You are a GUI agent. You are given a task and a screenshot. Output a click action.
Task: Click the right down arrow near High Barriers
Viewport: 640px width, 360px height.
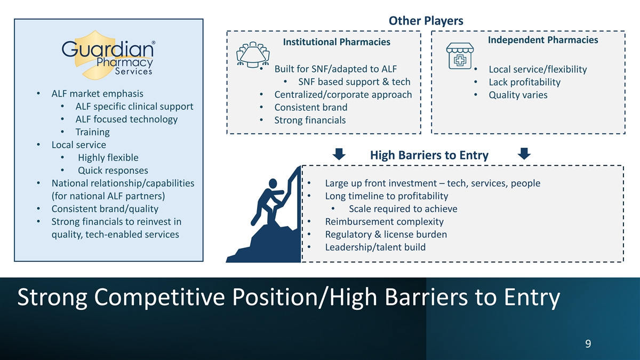[524, 154]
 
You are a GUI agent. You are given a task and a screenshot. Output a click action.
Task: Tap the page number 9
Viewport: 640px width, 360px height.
[588, 343]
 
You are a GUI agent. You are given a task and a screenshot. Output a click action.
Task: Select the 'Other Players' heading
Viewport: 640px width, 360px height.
[426, 21]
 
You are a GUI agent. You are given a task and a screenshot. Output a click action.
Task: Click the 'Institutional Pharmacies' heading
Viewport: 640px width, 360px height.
[336, 42]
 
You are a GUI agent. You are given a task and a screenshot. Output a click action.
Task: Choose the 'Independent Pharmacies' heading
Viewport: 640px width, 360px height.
[543, 40]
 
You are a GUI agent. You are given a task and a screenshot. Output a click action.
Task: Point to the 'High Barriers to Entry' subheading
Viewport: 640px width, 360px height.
[429, 155]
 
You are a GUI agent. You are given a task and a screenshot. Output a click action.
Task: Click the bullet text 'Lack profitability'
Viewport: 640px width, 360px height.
[524, 82]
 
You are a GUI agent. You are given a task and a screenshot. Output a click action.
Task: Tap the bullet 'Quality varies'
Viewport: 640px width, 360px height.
[518, 95]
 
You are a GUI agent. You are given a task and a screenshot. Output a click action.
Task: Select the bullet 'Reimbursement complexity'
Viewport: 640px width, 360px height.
[384, 221]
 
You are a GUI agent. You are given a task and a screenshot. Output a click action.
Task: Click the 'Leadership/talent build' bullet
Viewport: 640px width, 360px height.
[375, 247]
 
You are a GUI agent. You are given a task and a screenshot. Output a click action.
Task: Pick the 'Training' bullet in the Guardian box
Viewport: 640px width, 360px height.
[92, 132]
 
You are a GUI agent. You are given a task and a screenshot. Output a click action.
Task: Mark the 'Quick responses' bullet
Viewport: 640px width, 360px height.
[113, 170]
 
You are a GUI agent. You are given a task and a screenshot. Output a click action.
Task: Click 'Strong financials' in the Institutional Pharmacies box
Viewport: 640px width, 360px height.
[310, 120]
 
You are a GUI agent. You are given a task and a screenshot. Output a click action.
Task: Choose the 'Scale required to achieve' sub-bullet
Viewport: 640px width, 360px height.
[403, 209]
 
